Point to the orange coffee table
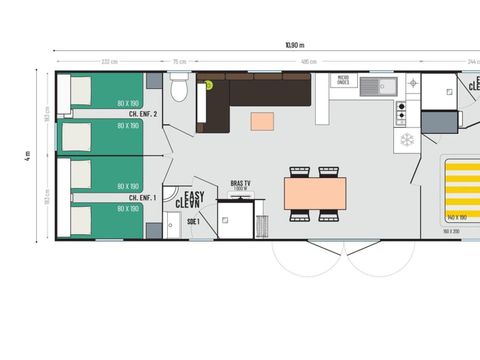pos(261,121)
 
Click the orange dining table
pos(314,192)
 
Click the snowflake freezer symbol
pos(408,139)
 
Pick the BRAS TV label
pos(239,184)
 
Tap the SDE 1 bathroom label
pos(192,221)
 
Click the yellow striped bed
pos(461,190)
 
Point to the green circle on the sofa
pos(211,85)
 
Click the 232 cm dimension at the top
pos(106,62)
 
